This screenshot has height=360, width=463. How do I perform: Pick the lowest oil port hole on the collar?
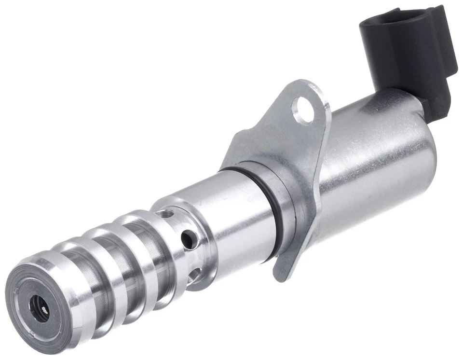[194, 276]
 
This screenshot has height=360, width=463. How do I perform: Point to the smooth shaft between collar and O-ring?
[231, 212]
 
